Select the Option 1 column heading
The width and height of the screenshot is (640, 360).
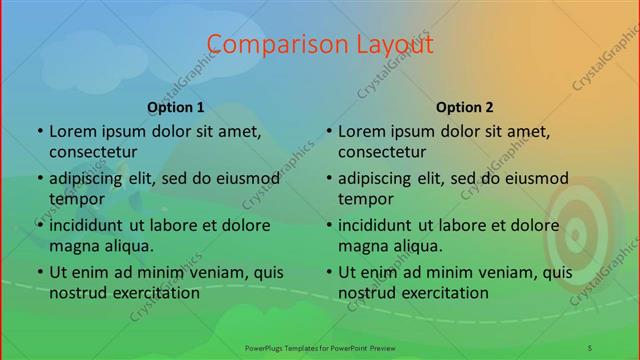click(176, 107)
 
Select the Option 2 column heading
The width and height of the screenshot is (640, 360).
click(465, 107)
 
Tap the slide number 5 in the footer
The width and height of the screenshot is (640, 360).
click(591, 346)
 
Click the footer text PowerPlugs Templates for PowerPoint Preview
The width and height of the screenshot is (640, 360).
click(319, 346)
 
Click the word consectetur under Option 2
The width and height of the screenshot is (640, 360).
click(381, 152)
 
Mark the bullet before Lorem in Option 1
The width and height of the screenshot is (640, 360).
click(39, 131)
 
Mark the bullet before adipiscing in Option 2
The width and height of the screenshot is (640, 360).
click(328, 178)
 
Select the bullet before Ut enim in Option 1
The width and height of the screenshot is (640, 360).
click(39, 272)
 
